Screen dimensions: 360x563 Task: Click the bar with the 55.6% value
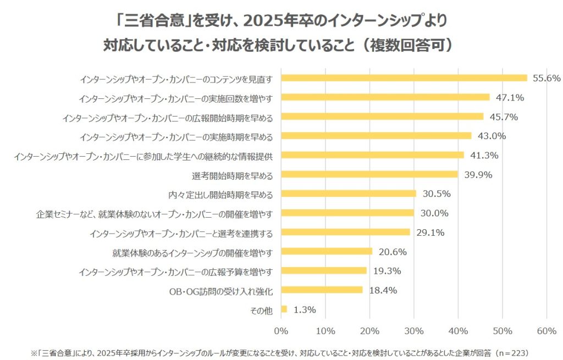(404, 78)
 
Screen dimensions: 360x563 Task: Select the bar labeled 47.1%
(385, 97)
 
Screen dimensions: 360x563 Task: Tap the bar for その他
(284, 309)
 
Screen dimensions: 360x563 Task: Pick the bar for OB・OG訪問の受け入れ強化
(322, 290)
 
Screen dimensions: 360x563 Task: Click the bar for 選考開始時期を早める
(369, 174)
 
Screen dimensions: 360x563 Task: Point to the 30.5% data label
(437, 193)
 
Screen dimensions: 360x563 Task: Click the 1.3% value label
(305, 309)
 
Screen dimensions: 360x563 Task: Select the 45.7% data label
(504, 117)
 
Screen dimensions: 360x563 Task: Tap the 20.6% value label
(393, 252)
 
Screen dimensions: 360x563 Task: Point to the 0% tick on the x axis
(281, 331)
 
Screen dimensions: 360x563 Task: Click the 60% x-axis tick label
(547, 331)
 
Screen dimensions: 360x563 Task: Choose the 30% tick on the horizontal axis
(414, 331)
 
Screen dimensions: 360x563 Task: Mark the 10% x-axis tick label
(325, 331)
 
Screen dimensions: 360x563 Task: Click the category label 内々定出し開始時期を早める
(220, 194)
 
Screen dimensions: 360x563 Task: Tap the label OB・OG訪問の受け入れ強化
(220, 290)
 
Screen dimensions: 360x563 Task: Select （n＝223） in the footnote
(511, 351)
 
